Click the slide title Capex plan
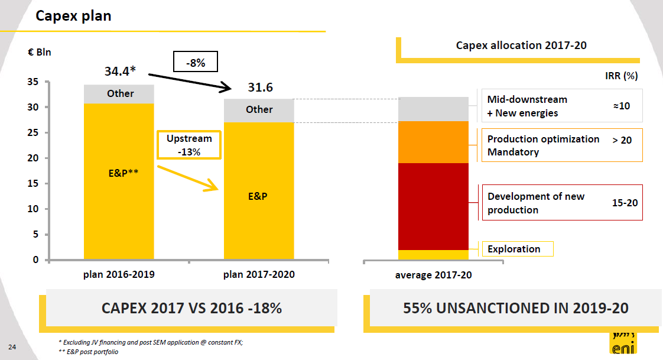[x=73, y=16]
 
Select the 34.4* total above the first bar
[x=120, y=72]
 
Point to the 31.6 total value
[x=260, y=87]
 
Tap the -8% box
[x=196, y=63]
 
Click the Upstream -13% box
[x=189, y=145]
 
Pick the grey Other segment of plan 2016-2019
[x=120, y=94]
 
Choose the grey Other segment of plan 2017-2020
[x=259, y=110]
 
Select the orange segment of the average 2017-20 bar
[x=434, y=142]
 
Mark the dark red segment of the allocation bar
[x=434, y=206]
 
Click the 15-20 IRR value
[x=625, y=203]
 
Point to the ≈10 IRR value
[x=621, y=106]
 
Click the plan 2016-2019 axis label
[x=119, y=274]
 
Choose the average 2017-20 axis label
[x=433, y=275]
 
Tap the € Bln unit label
[x=40, y=52]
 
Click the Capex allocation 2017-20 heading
[x=521, y=45]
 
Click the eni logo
[x=623, y=345]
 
